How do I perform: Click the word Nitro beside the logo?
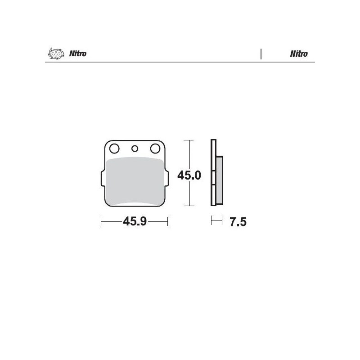77,54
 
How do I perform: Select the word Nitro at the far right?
299,54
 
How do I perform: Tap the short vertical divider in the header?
261,54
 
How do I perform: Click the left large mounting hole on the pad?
113,148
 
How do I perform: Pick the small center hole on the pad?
134,148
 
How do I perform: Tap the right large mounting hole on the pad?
155,148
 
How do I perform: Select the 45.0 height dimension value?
189,175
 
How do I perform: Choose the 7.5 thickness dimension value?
238,222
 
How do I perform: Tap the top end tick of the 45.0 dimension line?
189,140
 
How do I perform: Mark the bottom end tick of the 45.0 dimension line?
189,206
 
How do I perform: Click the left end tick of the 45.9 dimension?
102,221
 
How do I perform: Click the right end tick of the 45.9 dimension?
167,221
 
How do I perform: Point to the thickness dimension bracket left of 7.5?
216,220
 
